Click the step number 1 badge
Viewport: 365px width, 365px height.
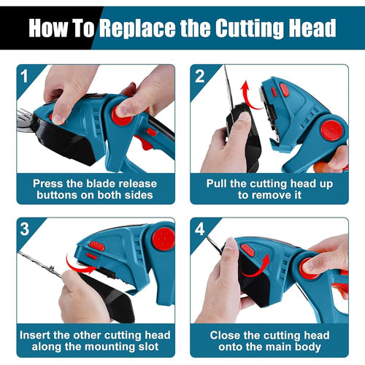[24, 77]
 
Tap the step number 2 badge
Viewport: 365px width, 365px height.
[200, 77]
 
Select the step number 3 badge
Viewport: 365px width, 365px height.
[25, 229]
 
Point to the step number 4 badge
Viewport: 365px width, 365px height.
[200, 229]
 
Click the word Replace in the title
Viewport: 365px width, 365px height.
[137, 28]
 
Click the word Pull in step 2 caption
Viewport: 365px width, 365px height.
[216, 183]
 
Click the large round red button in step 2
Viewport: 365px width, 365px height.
[331, 131]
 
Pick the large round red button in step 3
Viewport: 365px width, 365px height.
[164, 239]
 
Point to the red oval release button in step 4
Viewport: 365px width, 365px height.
[247, 250]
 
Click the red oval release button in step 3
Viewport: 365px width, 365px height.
[97, 246]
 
